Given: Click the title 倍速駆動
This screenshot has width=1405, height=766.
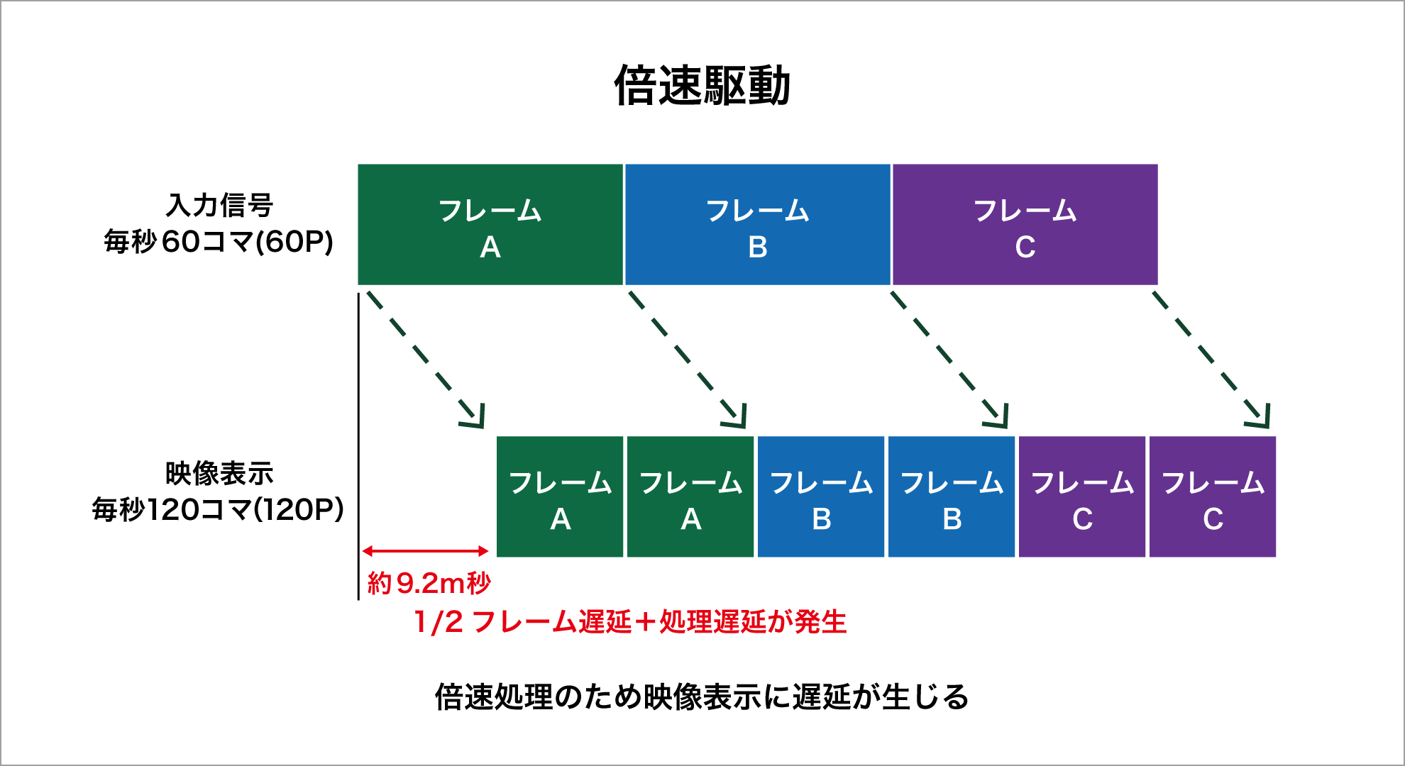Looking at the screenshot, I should tap(702, 86).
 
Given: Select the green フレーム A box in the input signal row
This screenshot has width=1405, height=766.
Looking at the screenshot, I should tap(490, 225).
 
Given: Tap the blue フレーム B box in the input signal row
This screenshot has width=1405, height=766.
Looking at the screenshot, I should tap(757, 225).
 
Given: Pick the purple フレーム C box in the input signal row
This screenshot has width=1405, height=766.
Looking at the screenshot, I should tap(1025, 225).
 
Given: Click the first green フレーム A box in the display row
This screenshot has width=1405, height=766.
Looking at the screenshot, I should tap(560, 496).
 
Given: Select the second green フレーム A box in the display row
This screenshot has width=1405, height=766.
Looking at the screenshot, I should tap(690, 496).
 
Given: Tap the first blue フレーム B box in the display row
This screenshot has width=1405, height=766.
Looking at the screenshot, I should tap(821, 496).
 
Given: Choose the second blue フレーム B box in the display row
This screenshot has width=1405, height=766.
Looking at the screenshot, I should tap(952, 496).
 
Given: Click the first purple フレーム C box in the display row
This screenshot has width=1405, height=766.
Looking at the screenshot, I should tap(1082, 496).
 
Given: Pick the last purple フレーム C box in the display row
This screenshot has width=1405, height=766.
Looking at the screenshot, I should tap(1213, 496).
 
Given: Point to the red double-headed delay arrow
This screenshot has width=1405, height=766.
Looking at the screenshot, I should tap(425, 551).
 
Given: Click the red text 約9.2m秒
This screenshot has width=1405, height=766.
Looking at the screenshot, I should tap(429, 583).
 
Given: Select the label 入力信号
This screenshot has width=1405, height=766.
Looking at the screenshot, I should tap(219, 205).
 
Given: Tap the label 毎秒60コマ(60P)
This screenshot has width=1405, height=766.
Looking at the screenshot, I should tap(219, 242).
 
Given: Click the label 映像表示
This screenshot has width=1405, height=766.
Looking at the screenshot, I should tap(219, 473).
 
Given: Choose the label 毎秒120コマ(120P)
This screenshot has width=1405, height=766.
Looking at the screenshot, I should tap(218, 509).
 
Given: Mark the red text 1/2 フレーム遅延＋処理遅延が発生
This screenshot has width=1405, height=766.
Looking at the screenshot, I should tap(629, 622).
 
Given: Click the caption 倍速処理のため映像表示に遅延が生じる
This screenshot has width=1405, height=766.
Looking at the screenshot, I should tap(702, 696).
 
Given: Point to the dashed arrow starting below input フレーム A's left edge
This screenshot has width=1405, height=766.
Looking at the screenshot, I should tap(425, 359).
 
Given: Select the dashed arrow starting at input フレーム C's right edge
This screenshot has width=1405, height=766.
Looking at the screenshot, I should tap(1211, 359).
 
